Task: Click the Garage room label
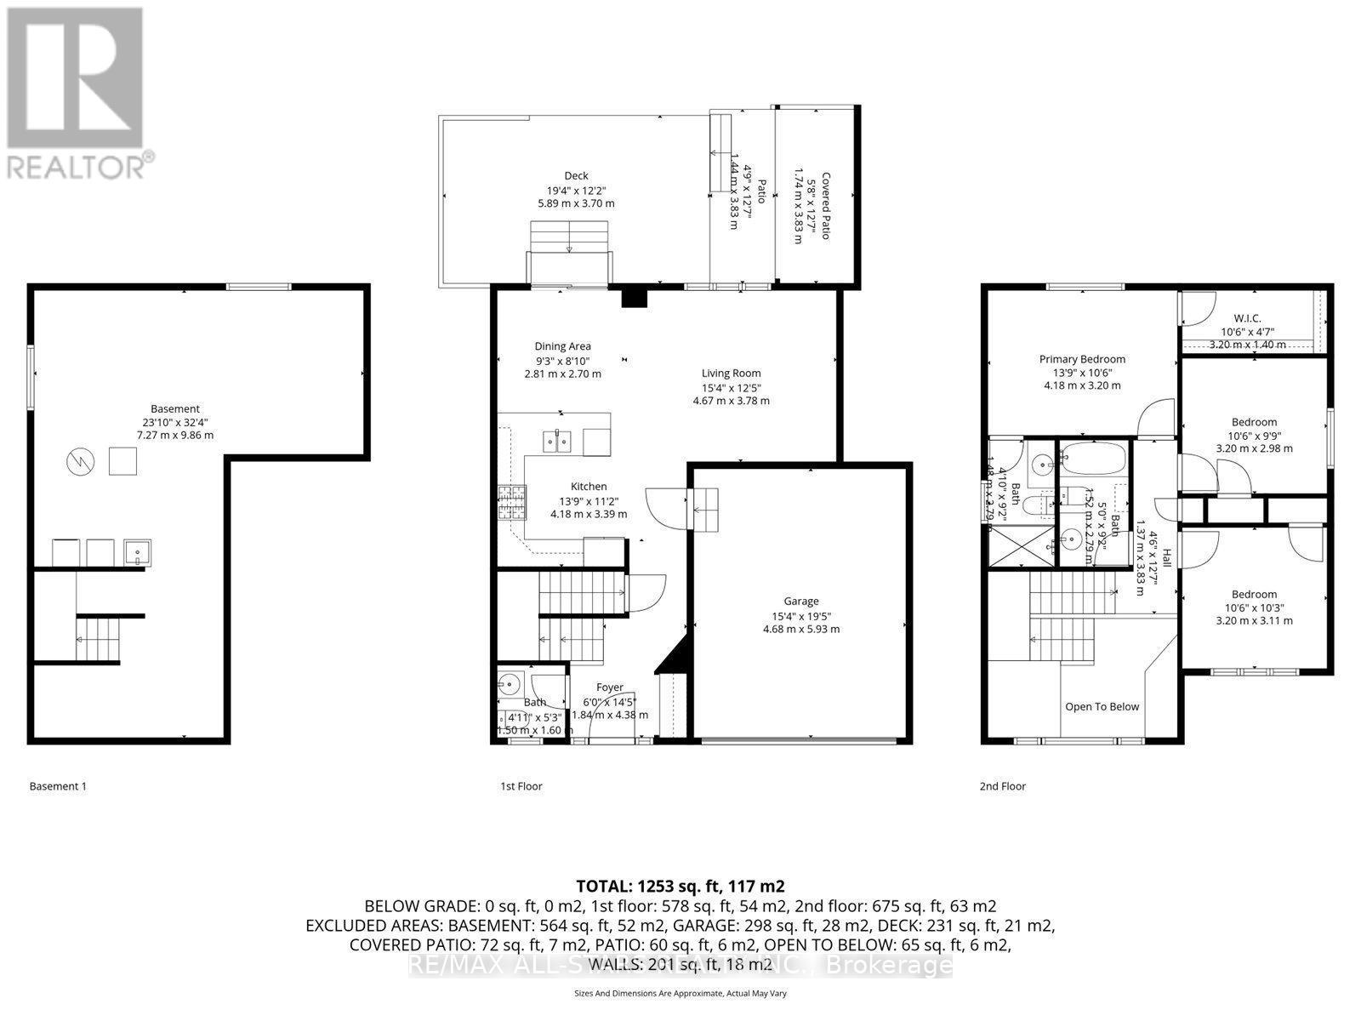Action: (801, 601)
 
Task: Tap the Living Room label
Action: (731, 373)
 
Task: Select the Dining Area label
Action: (562, 346)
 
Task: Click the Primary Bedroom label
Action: (1082, 359)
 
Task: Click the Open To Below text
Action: (1102, 706)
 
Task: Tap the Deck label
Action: (576, 176)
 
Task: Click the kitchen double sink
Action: (557, 442)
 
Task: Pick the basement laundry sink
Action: (137, 553)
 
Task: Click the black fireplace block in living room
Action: (635, 298)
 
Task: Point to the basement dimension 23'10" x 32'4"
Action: (175, 422)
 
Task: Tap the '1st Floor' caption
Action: (521, 786)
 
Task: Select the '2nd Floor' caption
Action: (1002, 786)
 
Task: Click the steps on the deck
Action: (569, 237)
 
